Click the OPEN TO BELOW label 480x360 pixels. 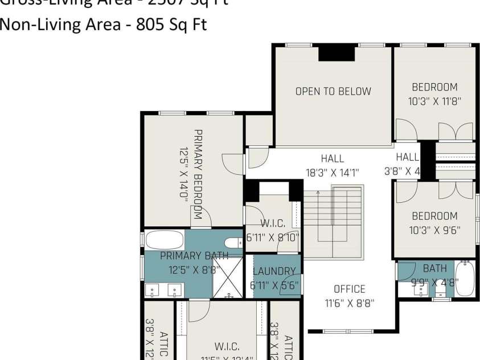click(x=333, y=91)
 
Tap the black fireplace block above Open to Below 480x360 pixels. click(x=336, y=53)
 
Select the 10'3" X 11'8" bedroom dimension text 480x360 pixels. click(x=434, y=101)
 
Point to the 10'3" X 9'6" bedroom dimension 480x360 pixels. click(x=434, y=230)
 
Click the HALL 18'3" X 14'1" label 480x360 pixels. click(x=332, y=165)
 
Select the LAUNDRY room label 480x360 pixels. click(x=274, y=272)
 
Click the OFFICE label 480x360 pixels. click(x=350, y=289)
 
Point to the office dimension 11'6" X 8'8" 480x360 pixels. click(x=350, y=303)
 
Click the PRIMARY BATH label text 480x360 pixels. click(x=194, y=255)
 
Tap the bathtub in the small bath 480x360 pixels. click(x=465, y=279)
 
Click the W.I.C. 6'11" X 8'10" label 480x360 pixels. click(x=272, y=231)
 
